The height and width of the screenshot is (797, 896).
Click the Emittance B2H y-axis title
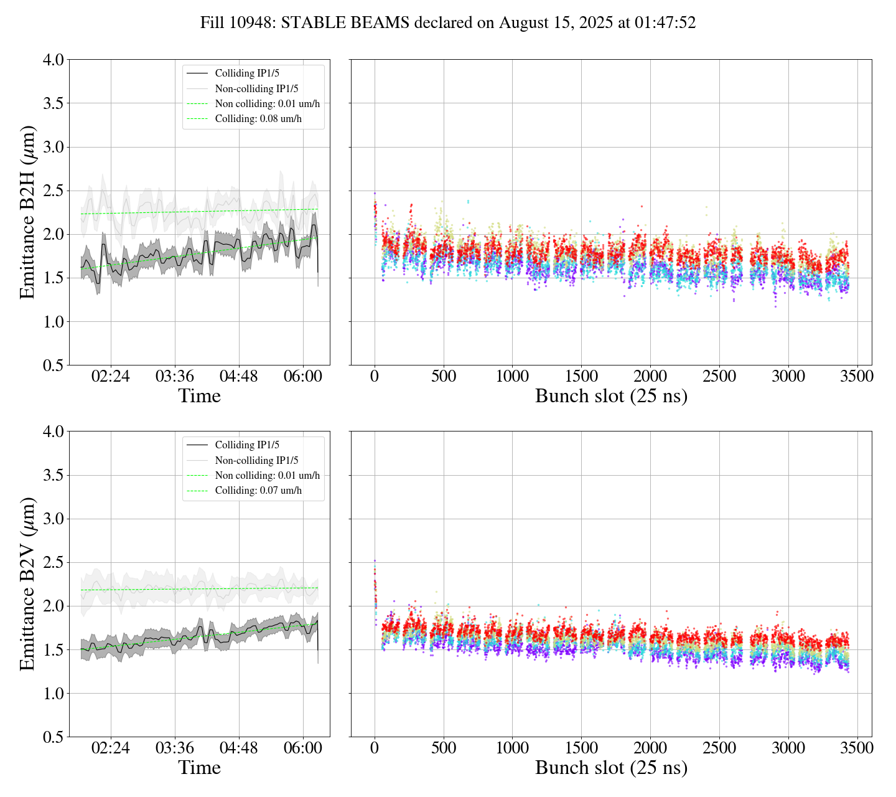[x=27, y=212]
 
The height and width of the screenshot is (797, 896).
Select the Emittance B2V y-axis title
[x=27, y=584]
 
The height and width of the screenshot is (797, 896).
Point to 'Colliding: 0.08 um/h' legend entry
[x=258, y=118]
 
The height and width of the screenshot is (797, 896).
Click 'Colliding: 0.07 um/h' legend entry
[x=258, y=490]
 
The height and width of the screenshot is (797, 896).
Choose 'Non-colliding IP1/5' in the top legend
[x=256, y=88]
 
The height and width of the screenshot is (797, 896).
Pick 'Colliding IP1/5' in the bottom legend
[x=247, y=445]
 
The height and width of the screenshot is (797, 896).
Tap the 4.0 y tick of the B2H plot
[x=53, y=60]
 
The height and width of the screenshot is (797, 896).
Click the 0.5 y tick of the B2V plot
[x=53, y=737]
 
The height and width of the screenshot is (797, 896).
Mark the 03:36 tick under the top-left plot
[x=175, y=377]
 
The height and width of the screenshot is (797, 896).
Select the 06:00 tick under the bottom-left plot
[x=303, y=748]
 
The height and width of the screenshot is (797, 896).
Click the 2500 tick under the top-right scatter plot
[x=719, y=377]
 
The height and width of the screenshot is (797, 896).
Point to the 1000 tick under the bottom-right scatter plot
[x=512, y=748]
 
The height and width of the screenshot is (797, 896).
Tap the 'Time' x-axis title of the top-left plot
[x=199, y=396]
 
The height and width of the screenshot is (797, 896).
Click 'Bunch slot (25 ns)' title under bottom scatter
[x=611, y=768]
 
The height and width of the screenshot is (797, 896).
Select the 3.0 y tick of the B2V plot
[x=53, y=519]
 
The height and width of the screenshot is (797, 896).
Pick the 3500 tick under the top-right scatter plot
[x=857, y=377]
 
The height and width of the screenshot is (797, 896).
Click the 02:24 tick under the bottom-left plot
[x=111, y=748]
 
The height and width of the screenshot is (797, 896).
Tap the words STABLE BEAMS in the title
[x=345, y=23]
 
